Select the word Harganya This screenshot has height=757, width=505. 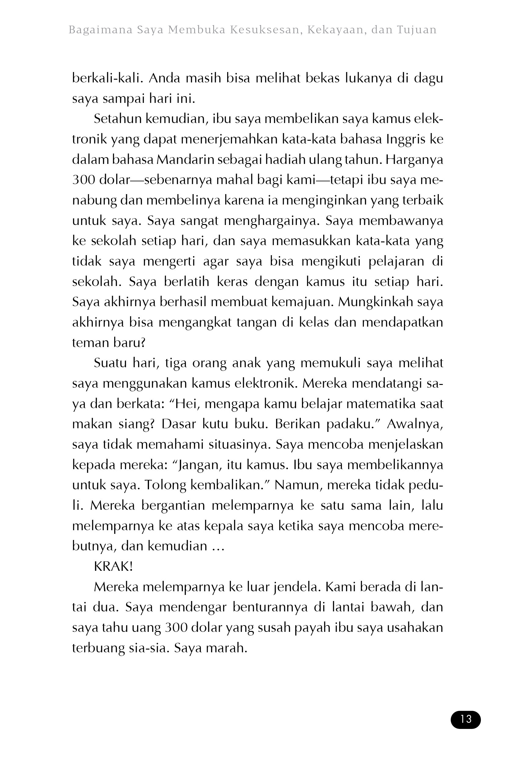414,160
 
